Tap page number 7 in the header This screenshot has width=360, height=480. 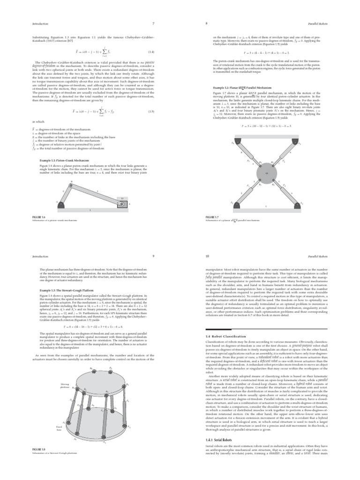(x=153, y=23)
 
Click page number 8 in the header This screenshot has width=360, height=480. (x=207, y=23)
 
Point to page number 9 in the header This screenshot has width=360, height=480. (x=153, y=256)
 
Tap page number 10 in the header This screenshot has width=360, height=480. (x=208, y=256)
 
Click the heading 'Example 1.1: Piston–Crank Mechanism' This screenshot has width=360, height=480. (x=63, y=160)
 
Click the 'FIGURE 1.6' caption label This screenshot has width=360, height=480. (x=38, y=217)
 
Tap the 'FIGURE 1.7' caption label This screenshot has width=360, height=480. (x=212, y=217)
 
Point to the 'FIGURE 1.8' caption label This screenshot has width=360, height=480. (x=38, y=449)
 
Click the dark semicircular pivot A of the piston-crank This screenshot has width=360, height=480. (x=60, y=204)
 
